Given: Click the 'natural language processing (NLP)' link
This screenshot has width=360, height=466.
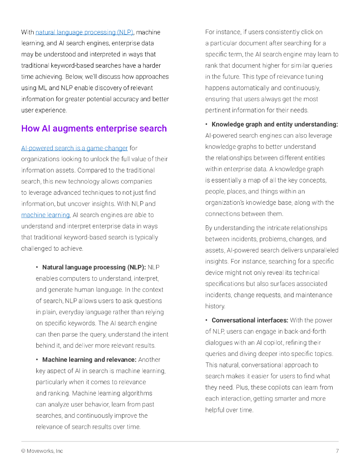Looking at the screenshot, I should point(84,32).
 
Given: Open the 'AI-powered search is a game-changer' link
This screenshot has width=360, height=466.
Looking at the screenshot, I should point(74,148).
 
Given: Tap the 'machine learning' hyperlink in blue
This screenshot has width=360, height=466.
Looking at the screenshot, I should point(45,215).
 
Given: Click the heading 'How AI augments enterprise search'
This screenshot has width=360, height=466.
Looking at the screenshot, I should point(94,128).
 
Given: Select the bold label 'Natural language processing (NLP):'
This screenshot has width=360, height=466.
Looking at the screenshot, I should point(94,267).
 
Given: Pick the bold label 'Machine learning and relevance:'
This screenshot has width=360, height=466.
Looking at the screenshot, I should point(89,360).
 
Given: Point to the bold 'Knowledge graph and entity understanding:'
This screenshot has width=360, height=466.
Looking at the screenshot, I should point(274,124).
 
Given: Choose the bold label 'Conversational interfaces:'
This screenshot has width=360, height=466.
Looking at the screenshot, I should point(250,320).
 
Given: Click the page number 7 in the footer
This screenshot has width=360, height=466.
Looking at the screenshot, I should point(337,451).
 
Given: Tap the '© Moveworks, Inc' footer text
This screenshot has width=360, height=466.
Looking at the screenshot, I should point(42,451).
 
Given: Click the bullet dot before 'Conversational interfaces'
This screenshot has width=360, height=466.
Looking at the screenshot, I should point(207,320).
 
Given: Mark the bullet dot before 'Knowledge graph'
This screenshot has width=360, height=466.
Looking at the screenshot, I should point(207,124).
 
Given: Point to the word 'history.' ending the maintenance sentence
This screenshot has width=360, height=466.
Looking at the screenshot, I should point(215,306).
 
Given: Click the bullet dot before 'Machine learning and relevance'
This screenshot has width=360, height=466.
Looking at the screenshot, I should point(37,360).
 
